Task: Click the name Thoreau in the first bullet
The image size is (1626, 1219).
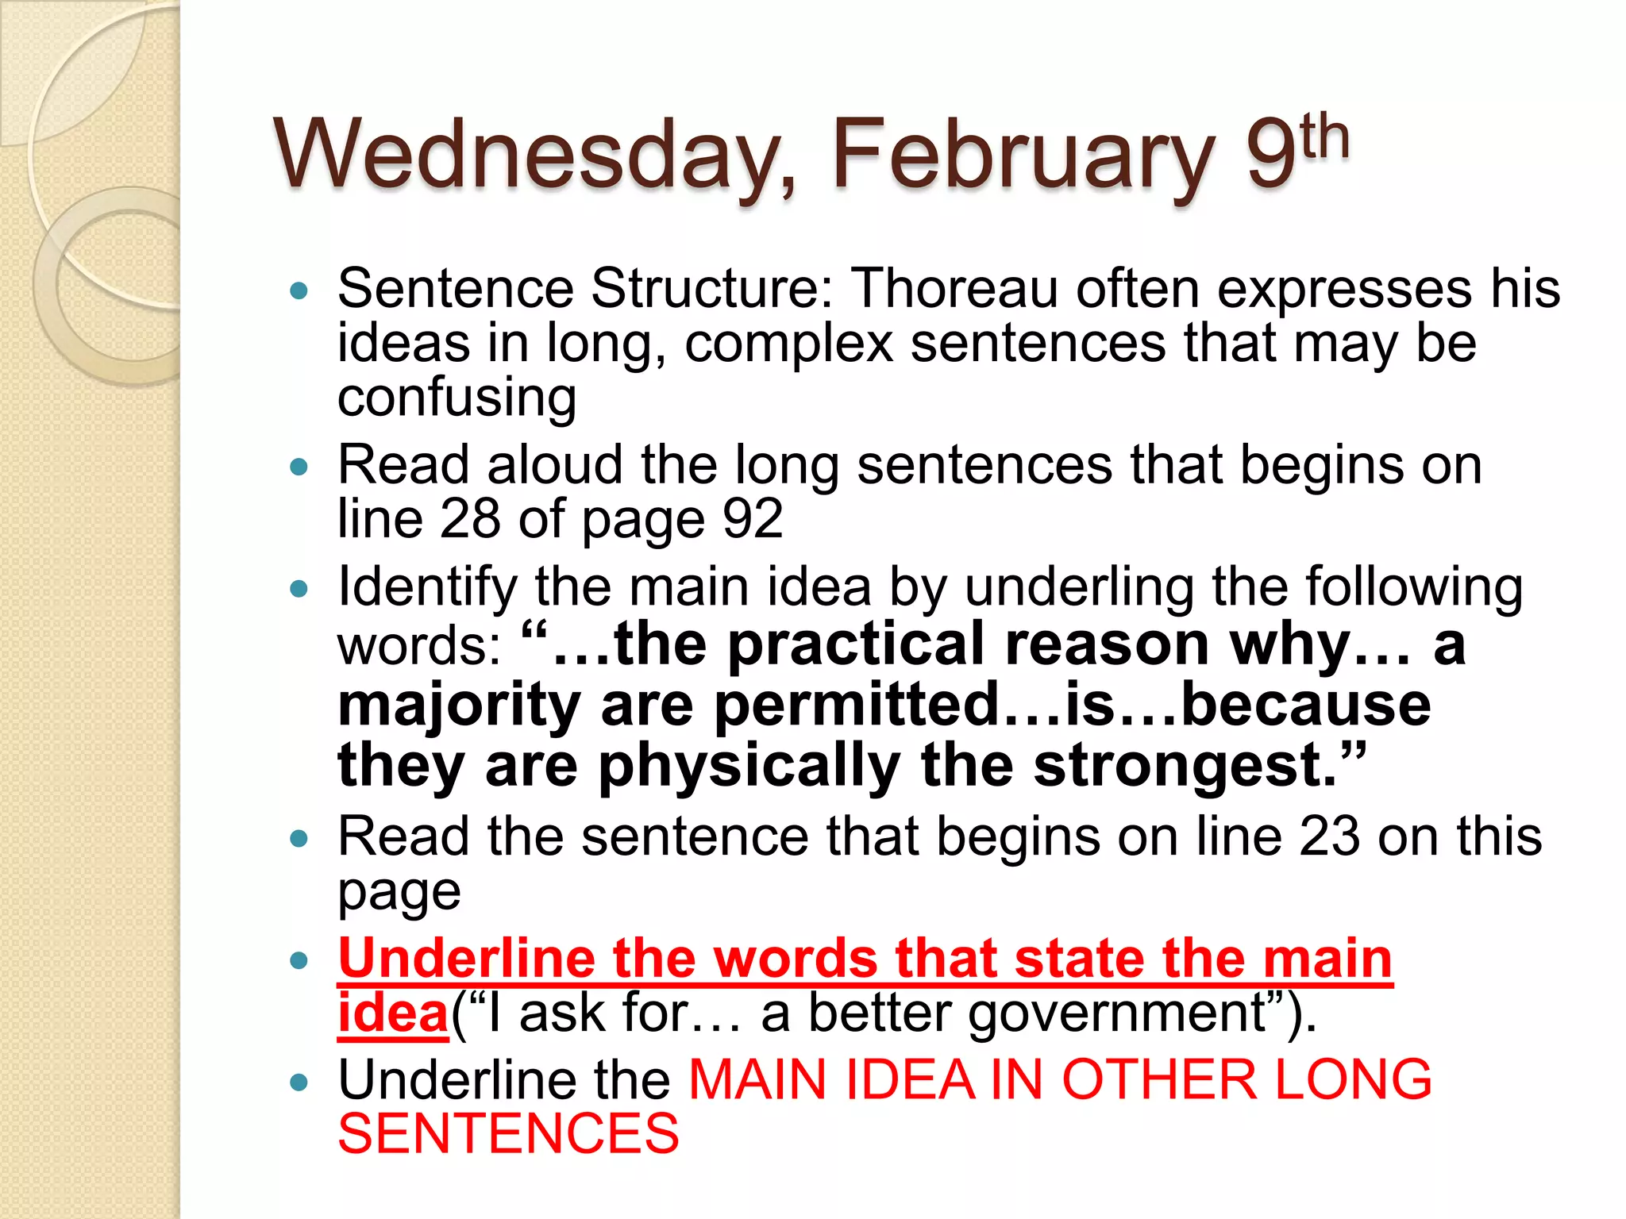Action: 954,288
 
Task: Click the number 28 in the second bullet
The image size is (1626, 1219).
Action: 469,519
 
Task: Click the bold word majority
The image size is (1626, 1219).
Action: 459,705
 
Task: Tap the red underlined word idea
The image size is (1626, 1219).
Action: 393,1013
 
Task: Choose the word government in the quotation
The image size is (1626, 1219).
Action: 1116,1013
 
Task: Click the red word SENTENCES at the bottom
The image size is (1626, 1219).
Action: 508,1134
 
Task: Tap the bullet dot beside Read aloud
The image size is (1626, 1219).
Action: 299,467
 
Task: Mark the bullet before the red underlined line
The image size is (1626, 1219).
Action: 299,961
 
